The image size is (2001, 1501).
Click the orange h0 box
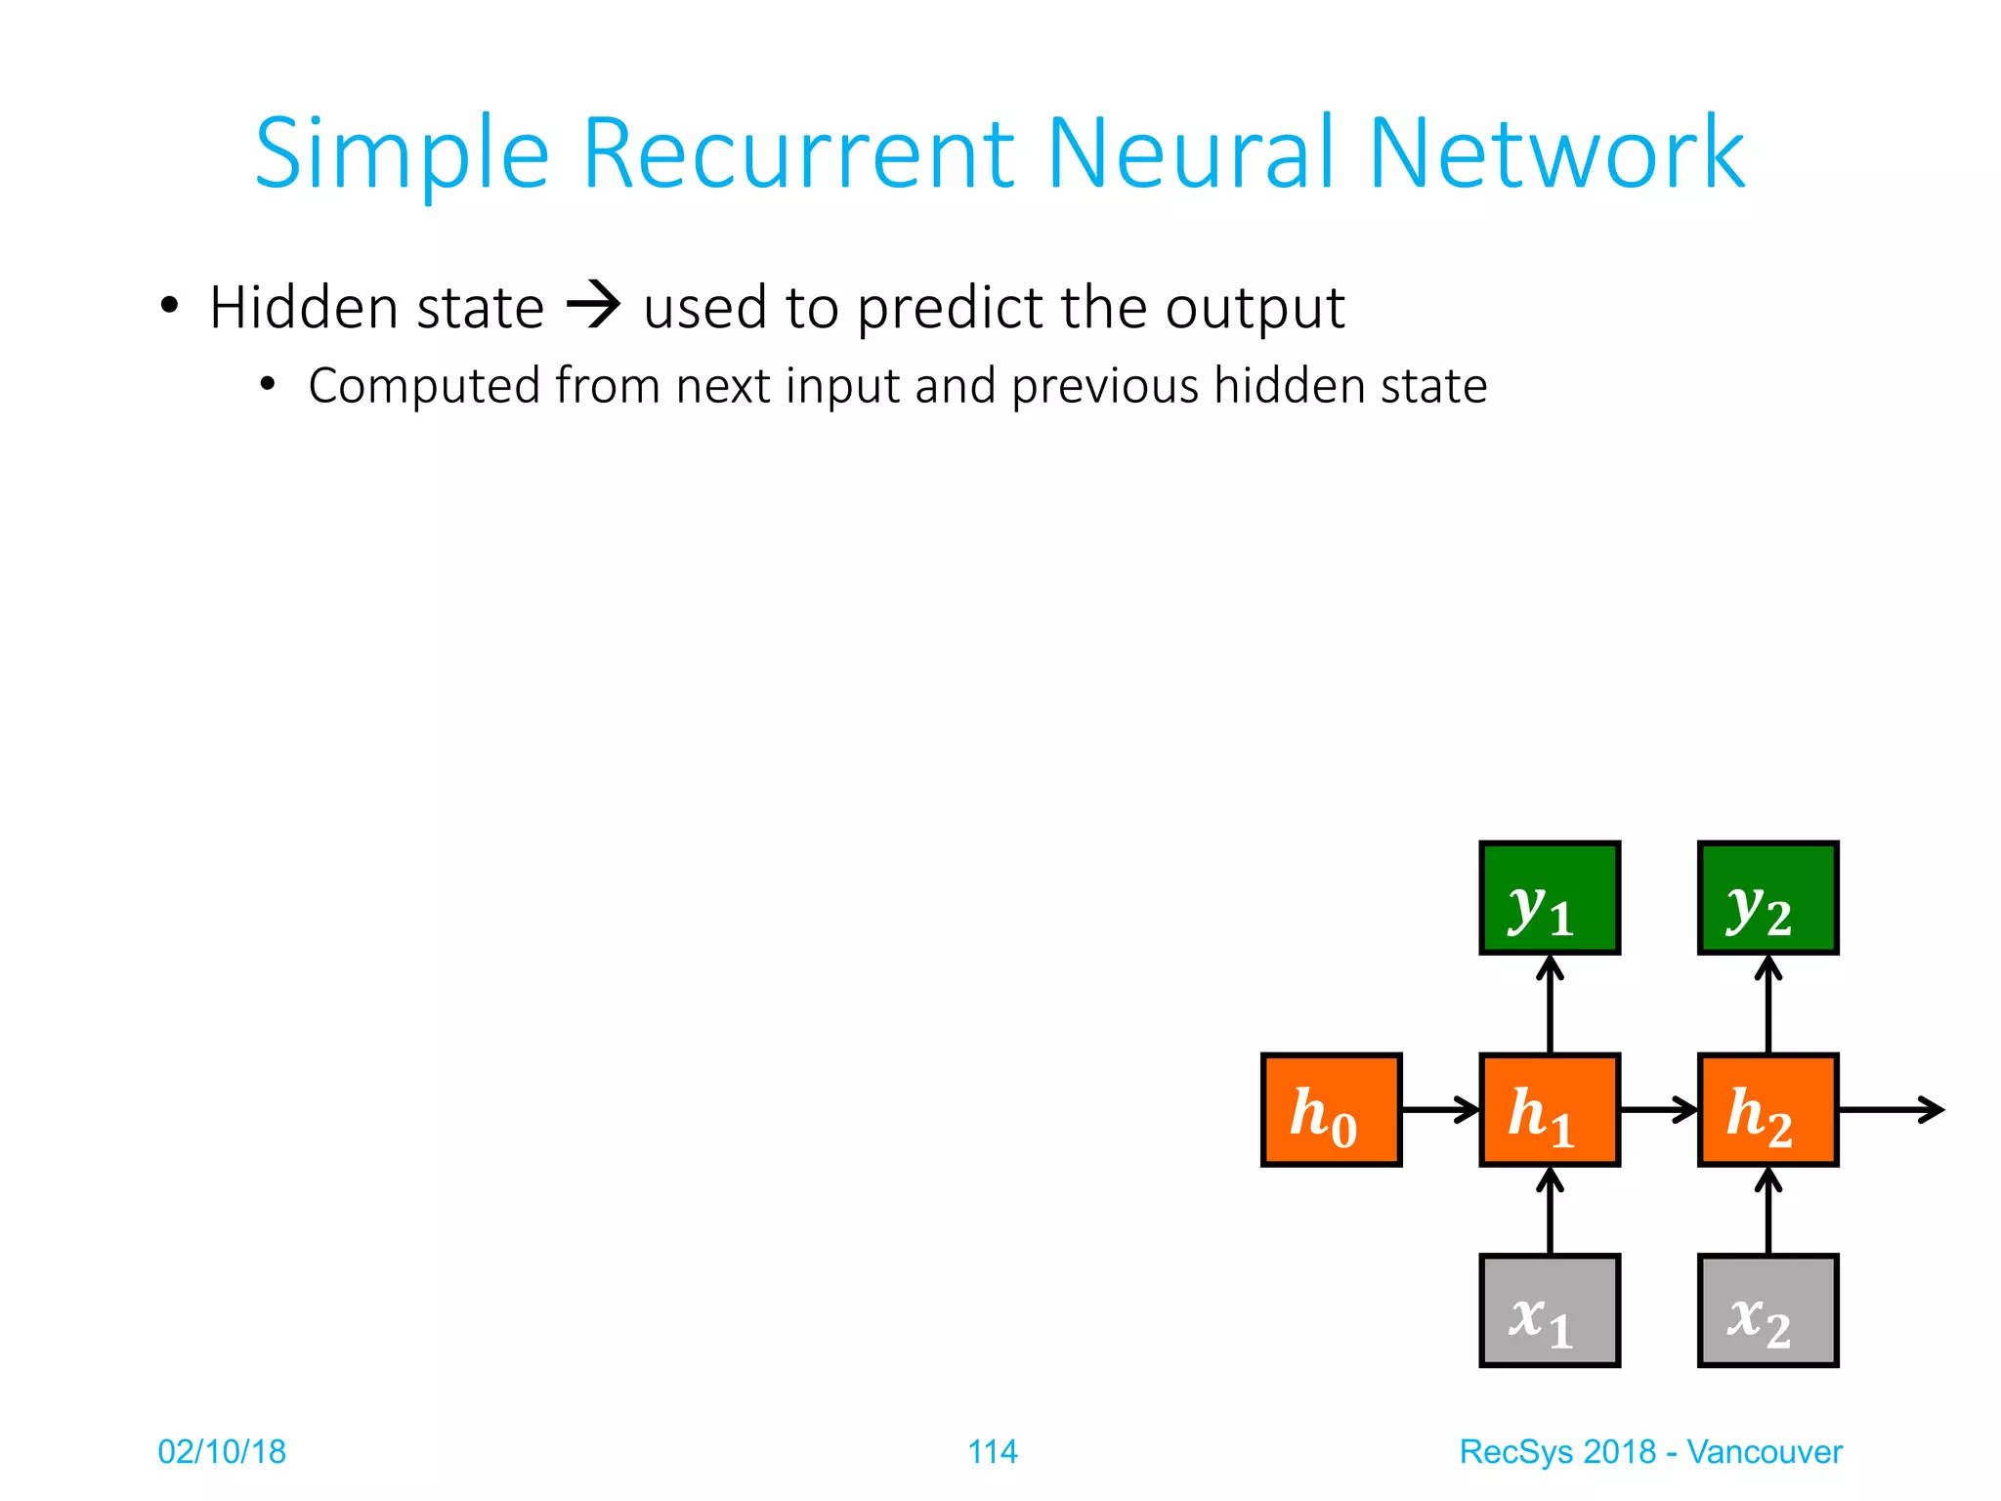[1331, 1110]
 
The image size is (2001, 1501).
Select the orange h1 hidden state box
[1550, 1110]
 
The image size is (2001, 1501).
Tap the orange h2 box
[1768, 1110]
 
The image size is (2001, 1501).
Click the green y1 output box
[1550, 897]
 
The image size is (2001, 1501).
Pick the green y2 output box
[1768, 897]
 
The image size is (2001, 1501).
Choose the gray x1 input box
[1550, 1310]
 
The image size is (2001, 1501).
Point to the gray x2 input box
[1768, 1310]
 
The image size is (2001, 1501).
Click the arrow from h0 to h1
[1440, 1110]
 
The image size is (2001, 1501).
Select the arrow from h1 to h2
[1659, 1110]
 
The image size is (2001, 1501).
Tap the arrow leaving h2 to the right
[1891, 1110]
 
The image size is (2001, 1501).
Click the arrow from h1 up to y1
[1550, 1005]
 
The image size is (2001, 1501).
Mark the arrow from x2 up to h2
[1768, 1212]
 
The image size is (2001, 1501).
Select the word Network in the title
[1555, 154]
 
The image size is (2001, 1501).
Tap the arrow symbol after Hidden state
[593, 305]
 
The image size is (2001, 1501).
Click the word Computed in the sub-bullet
[424, 387]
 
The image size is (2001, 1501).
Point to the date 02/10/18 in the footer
[222, 1452]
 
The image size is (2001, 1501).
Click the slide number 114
[992, 1452]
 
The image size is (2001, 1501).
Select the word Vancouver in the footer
[1764, 1452]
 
